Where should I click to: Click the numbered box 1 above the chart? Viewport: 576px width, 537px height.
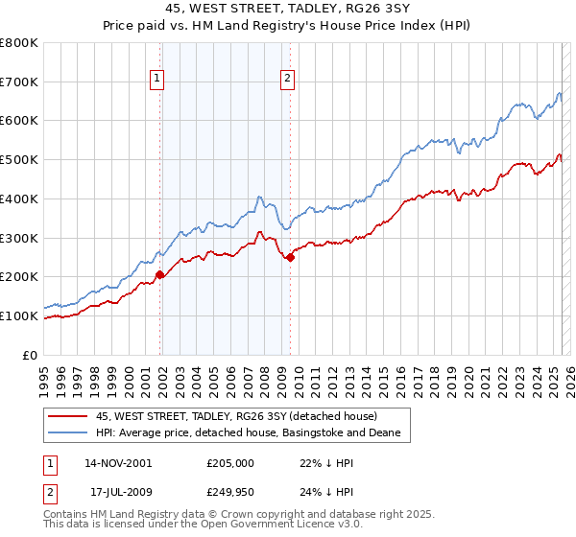click(156, 80)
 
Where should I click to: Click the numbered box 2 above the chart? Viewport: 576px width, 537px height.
click(287, 80)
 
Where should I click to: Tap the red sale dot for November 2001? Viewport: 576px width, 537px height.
click(160, 275)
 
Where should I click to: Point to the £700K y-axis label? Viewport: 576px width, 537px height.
click(20, 82)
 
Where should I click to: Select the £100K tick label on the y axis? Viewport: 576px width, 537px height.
click(20, 315)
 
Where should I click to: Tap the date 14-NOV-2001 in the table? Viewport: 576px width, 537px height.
click(118, 462)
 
